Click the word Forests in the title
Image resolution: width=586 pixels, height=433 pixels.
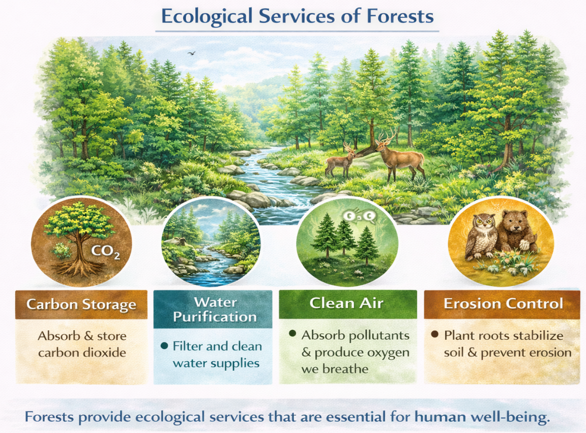click(x=400, y=16)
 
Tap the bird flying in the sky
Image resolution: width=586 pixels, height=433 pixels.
click(x=191, y=54)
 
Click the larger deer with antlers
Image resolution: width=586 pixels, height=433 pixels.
click(x=401, y=155)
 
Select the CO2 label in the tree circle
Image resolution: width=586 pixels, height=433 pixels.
click(x=106, y=251)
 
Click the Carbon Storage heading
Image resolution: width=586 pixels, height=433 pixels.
click(x=81, y=304)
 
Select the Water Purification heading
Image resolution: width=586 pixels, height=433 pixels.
click(x=215, y=309)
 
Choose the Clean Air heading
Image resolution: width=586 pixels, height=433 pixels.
click(x=346, y=303)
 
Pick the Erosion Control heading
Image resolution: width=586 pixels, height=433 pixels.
click(x=503, y=304)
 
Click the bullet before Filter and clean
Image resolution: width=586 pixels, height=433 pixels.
click(x=164, y=346)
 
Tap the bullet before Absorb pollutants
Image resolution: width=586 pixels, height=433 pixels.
click(x=292, y=333)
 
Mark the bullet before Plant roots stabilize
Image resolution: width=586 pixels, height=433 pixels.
click(x=434, y=334)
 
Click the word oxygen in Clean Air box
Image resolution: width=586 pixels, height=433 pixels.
click(x=388, y=353)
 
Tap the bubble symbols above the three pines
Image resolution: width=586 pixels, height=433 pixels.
click(x=359, y=216)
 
